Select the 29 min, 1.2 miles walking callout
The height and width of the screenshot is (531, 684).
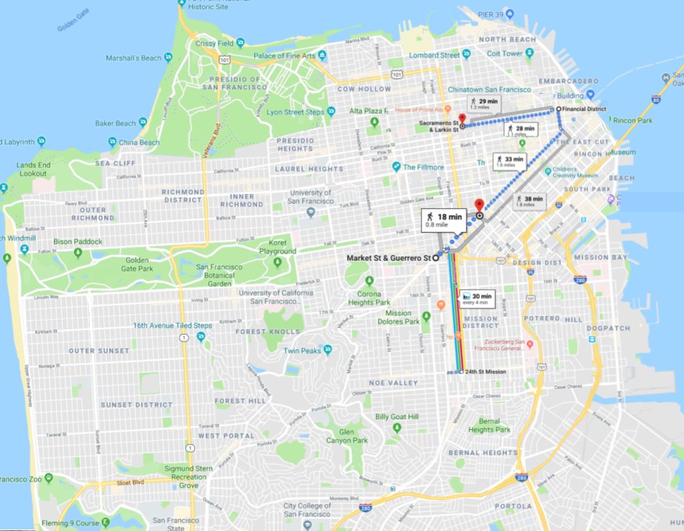point(484,104)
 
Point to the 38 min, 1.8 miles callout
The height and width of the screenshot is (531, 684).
point(529,201)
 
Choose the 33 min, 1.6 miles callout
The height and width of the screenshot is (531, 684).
point(510,162)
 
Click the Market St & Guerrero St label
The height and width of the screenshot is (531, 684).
point(387,258)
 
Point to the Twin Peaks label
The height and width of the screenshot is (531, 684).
point(302,351)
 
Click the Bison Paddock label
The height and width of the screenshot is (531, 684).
point(78,242)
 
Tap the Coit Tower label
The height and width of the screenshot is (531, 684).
point(505,54)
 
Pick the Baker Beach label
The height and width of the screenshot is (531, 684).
point(116,124)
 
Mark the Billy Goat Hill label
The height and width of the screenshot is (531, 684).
point(397,417)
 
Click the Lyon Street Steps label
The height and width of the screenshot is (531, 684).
point(295,112)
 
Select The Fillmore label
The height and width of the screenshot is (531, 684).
point(424,167)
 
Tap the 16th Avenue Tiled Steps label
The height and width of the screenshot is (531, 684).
point(172,326)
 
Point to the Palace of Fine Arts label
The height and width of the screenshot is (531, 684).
point(285,56)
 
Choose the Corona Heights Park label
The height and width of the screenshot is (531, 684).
point(369,298)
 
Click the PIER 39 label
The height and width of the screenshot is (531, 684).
point(490,14)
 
